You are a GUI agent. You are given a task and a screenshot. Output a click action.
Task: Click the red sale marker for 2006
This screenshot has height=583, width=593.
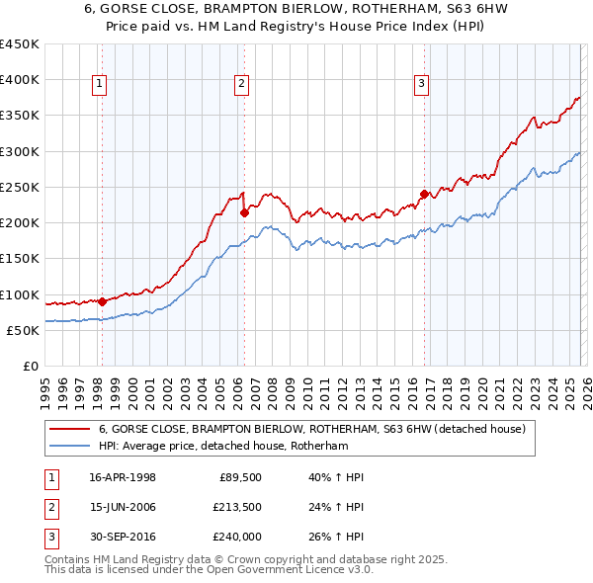pyautogui.click(x=244, y=212)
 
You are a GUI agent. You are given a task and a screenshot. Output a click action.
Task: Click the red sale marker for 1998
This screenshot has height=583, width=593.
pyautogui.click(x=102, y=301)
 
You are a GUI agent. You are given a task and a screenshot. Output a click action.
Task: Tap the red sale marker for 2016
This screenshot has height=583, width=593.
pyautogui.click(x=424, y=194)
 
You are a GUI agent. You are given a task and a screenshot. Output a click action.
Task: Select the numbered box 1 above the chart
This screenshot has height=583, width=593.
pyautogui.click(x=101, y=85)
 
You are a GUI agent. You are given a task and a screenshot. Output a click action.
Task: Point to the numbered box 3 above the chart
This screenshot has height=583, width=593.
pyautogui.click(x=421, y=85)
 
